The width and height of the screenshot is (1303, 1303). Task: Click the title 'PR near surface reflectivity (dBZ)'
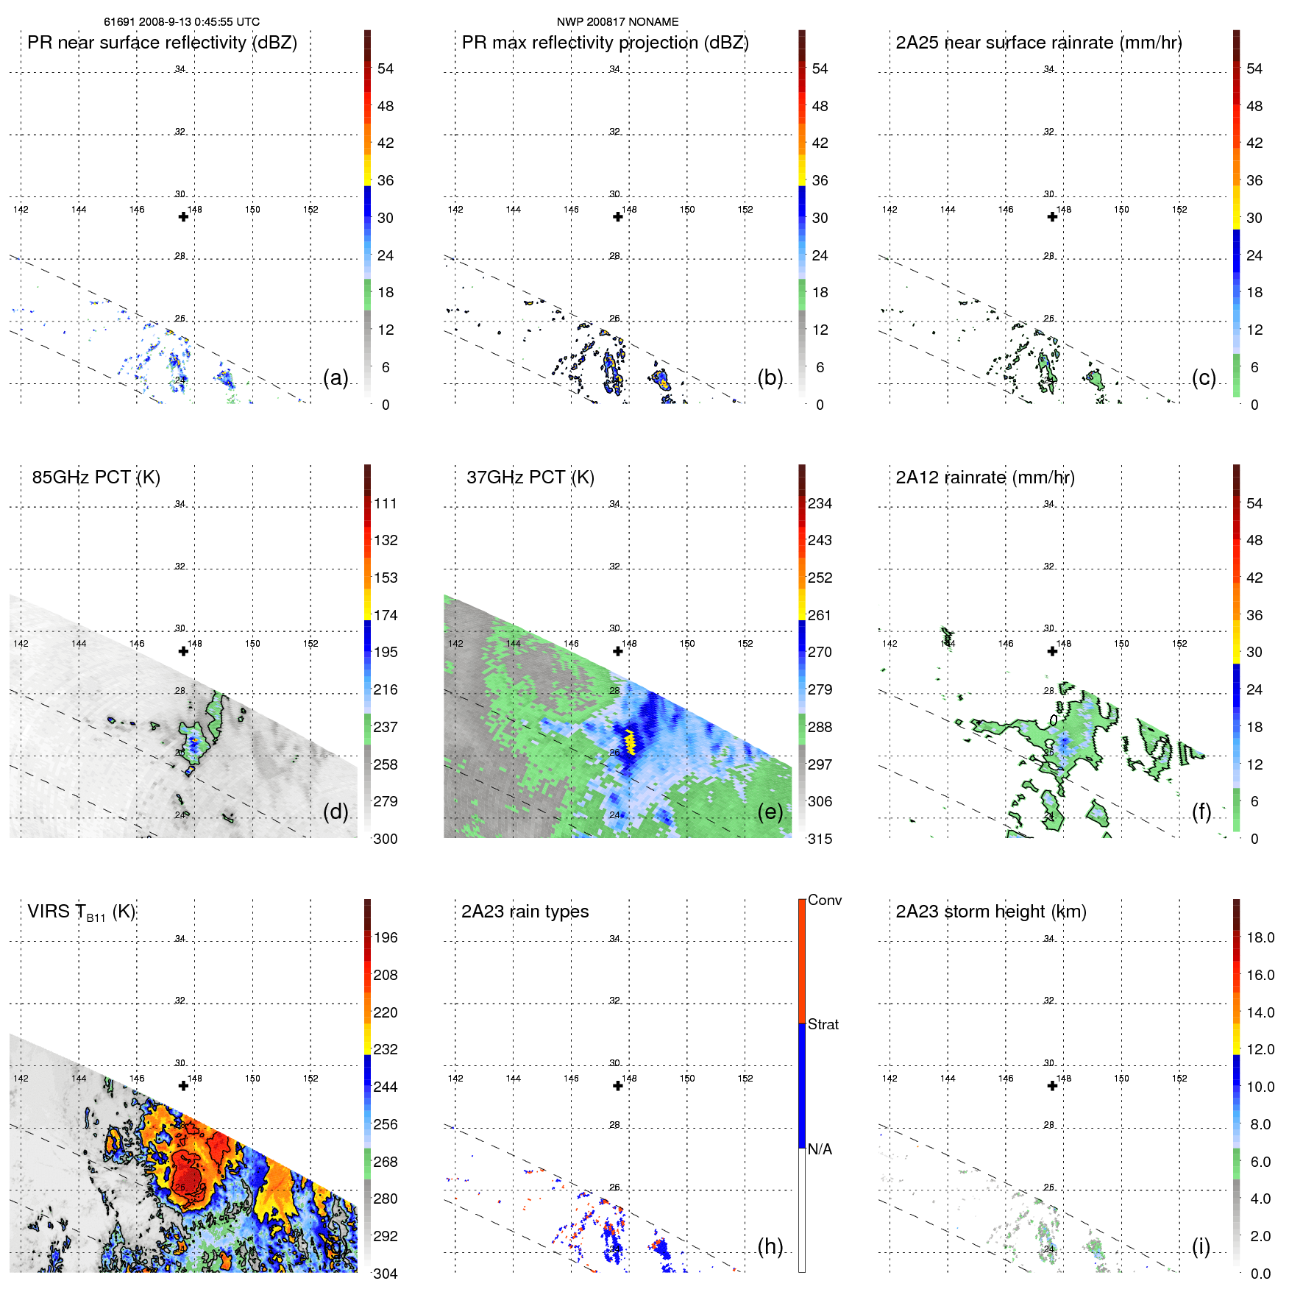(x=162, y=43)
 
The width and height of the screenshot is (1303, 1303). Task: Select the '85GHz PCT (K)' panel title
(x=96, y=477)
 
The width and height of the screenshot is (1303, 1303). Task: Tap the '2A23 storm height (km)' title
(x=990, y=912)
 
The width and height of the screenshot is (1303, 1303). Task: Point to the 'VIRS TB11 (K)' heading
(x=81, y=912)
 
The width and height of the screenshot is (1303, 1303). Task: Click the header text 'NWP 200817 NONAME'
(x=617, y=22)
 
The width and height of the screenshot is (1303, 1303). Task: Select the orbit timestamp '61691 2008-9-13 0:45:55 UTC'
(x=182, y=22)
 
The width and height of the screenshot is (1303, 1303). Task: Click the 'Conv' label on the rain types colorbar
(x=824, y=901)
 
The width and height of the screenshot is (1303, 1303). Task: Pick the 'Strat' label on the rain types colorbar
(x=823, y=1025)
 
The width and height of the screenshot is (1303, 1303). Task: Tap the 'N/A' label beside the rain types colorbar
(x=820, y=1149)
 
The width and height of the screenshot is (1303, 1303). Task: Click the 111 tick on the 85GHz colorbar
(x=386, y=504)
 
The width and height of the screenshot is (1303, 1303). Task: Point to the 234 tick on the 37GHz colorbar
(x=820, y=504)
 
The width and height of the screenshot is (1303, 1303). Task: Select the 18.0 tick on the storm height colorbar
(x=1260, y=938)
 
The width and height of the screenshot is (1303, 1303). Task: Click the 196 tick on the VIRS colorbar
(x=386, y=938)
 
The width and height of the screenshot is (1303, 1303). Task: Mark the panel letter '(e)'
(x=770, y=812)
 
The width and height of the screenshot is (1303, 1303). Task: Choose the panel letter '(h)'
(x=770, y=1246)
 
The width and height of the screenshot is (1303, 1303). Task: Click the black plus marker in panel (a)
(x=183, y=216)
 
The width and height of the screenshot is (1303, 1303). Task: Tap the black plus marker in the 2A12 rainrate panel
(x=1052, y=651)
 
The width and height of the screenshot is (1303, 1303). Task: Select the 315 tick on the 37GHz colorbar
(x=820, y=839)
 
